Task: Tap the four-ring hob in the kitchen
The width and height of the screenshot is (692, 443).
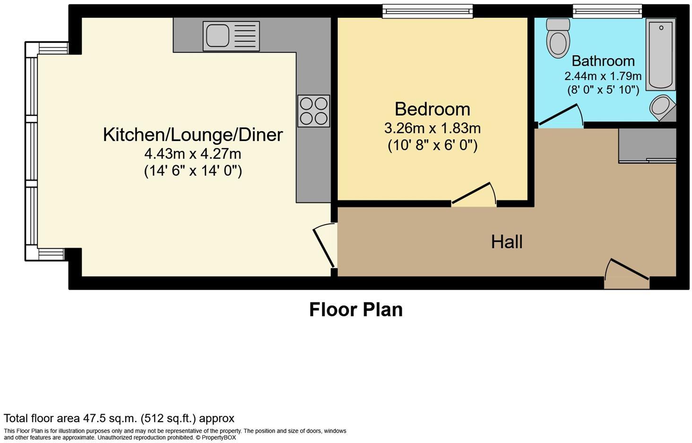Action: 313,111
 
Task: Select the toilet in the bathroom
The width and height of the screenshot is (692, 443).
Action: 558,38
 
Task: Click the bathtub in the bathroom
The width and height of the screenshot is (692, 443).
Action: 661,54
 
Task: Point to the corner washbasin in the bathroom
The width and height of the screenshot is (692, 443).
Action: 663,108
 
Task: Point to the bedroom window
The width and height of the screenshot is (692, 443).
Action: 428,11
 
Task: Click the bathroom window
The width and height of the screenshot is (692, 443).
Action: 607,11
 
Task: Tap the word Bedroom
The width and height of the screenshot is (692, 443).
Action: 432,109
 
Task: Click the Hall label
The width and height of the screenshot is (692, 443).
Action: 507,241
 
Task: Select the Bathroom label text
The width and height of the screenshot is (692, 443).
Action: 603,61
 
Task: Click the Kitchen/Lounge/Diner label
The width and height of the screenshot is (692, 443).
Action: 193,135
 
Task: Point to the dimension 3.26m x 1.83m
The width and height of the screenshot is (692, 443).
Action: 432,128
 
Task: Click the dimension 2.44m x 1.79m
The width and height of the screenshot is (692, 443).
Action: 603,76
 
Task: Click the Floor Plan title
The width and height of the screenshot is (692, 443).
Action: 356,310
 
